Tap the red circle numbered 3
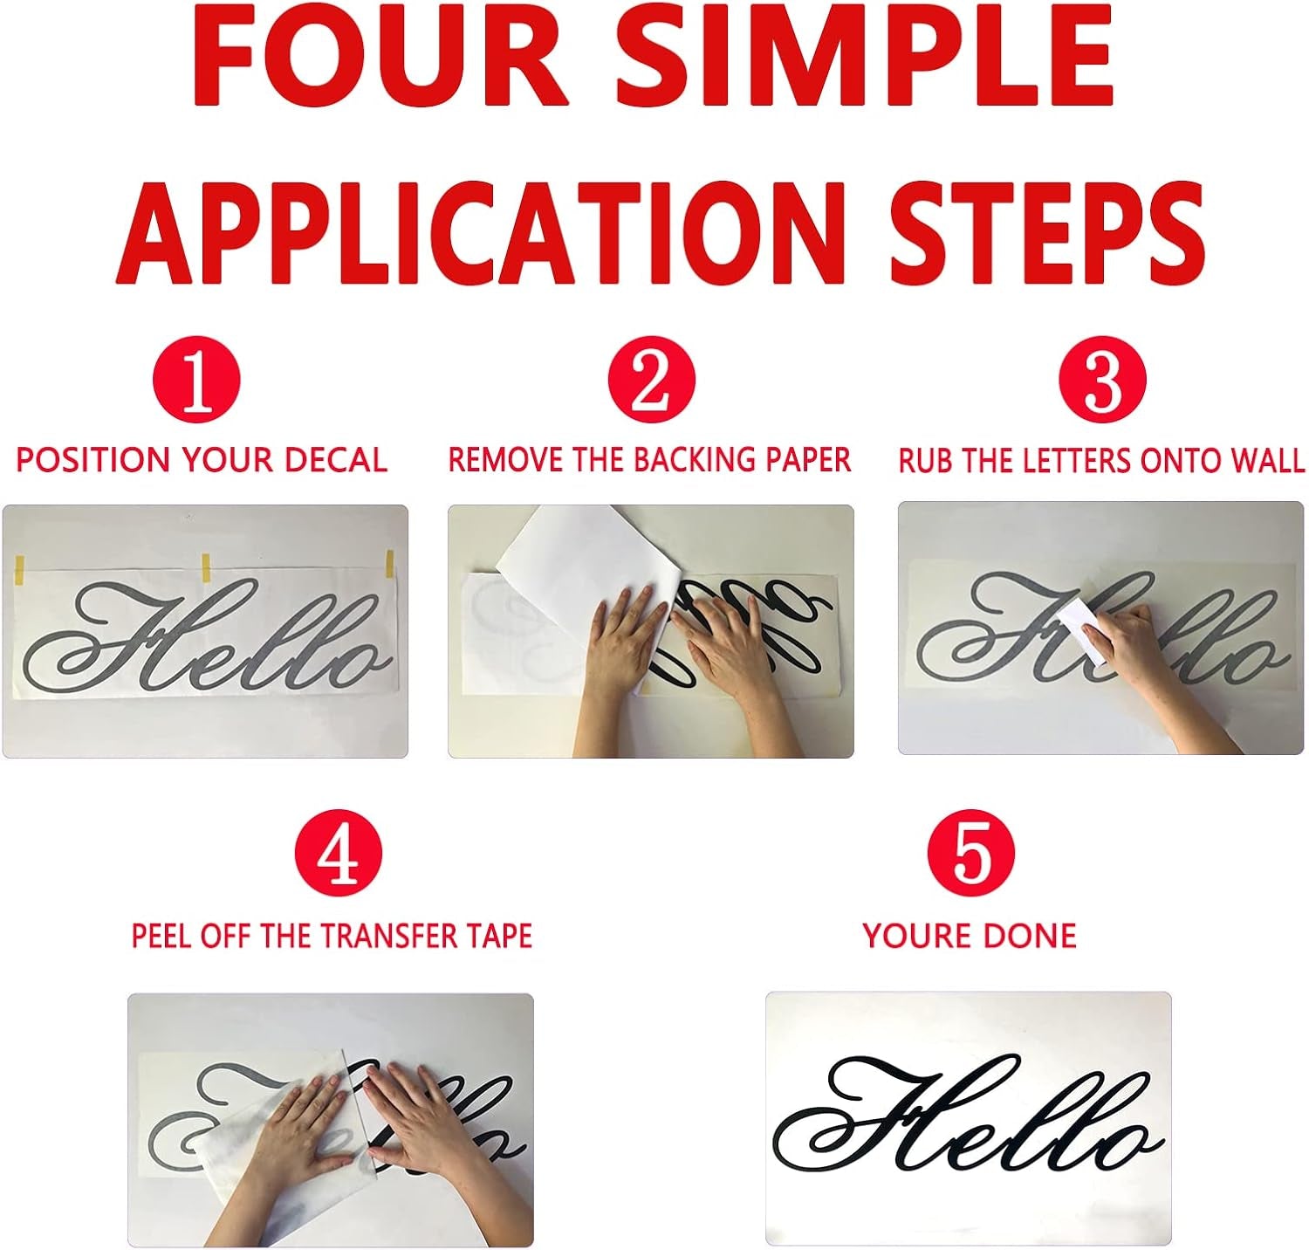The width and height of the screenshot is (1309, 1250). coord(1102,380)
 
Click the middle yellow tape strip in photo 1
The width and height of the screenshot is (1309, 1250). coord(207,567)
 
